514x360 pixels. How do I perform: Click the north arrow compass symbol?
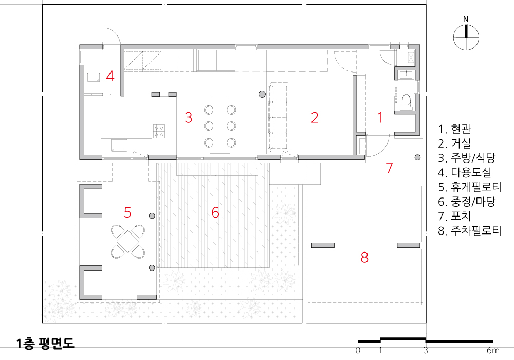coord(466,38)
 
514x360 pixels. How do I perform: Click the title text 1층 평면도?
coord(46,343)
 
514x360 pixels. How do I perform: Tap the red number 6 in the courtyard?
coord(215,212)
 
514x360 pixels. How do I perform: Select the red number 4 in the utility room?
coord(110,76)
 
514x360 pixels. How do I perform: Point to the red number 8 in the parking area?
coord(364,258)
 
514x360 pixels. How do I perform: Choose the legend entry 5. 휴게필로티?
coord(470,187)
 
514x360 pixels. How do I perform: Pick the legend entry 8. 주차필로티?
coord(470,230)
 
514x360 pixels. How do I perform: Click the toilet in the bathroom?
coord(407,101)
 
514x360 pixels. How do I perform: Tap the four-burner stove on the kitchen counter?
coord(159,131)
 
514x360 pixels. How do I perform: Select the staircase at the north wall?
coord(215,60)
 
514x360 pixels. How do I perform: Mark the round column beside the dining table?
coord(262,95)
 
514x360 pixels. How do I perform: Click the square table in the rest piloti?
coord(128,241)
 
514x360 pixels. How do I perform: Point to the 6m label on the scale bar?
coord(493,351)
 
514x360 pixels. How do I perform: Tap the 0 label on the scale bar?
coord(358,351)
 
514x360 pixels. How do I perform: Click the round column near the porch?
coord(417,157)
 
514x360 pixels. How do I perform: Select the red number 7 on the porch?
coord(389,168)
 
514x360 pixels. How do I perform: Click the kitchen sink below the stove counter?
coord(119,145)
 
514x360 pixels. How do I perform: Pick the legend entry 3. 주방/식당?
coord(467,158)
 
